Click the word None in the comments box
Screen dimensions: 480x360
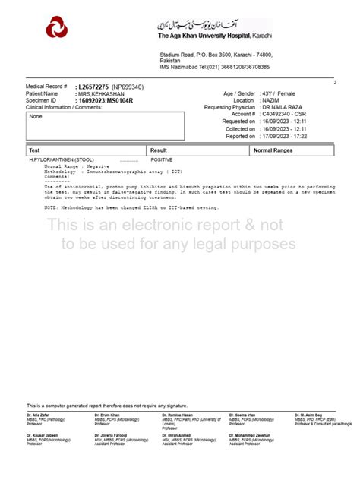(x=36, y=116)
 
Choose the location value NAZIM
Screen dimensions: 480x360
(x=270, y=100)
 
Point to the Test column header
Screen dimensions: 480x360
(x=34, y=150)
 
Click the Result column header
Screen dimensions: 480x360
(x=159, y=150)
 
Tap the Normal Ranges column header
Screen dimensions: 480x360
(x=273, y=150)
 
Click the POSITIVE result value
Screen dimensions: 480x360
(x=162, y=160)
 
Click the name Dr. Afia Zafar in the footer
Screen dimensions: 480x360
(x=38, y=415)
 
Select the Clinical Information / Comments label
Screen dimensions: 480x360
(x=63, y=107)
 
